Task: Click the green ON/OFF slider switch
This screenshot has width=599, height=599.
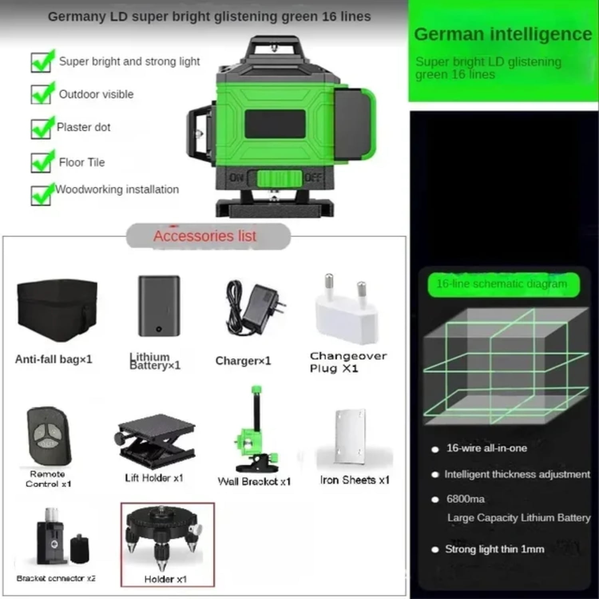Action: [x=279, y=179]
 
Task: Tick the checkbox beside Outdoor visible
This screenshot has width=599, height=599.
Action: [x=41, y=95]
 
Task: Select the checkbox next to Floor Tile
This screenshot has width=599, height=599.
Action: [x=41, y=163]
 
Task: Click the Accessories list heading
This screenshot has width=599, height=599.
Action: [x=205, y=236]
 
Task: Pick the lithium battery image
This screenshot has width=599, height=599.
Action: [x=159, y=306]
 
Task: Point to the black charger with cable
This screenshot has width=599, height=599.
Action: [x=256, y=307]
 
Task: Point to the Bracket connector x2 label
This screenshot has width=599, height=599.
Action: [x=56, y=578]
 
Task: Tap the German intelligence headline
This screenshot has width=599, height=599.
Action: [x=503, y=34]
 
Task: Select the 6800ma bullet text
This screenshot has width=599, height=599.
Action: [x=466, y=499]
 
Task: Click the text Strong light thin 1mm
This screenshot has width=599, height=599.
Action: [x=494, y=549]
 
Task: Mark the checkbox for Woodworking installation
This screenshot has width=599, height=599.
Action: [x=41, y=196]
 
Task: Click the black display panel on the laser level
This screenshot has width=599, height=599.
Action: [x=275, y=124]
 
